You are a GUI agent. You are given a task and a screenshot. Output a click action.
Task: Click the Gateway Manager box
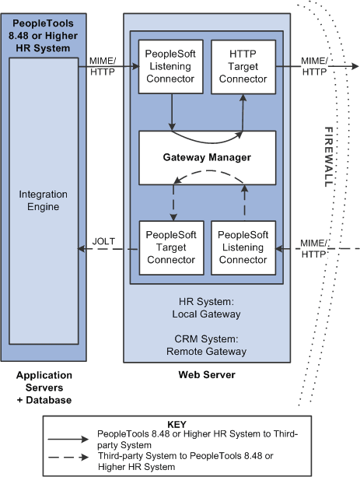click(x=207, y=156)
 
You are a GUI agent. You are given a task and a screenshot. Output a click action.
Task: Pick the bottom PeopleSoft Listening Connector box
click(x=243, y=247)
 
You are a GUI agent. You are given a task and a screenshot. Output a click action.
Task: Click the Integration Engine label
click(x=44, y=200)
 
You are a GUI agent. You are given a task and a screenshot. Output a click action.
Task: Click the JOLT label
click(x=103, y=240)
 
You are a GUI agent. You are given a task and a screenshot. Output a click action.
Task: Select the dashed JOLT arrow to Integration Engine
click(x=109, y=250)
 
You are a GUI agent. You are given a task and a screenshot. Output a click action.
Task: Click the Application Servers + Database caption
click(x=44, y=388)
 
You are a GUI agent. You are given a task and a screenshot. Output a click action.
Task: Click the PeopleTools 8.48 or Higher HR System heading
click(x=44, y=30)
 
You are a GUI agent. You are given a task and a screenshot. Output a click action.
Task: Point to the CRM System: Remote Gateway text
click(x=206, y=345)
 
